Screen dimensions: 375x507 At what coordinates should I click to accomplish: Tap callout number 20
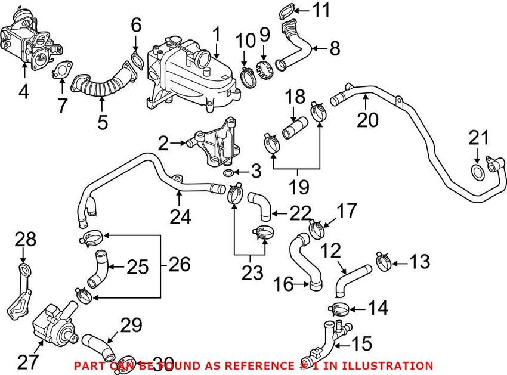click(368, 119)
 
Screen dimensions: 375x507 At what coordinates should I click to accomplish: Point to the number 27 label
click(28, 361)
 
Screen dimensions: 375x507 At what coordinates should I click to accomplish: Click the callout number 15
click(362, 343)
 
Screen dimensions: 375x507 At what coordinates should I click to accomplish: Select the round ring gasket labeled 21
click(478, 173)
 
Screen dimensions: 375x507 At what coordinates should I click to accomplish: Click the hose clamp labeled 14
click(338, 309)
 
